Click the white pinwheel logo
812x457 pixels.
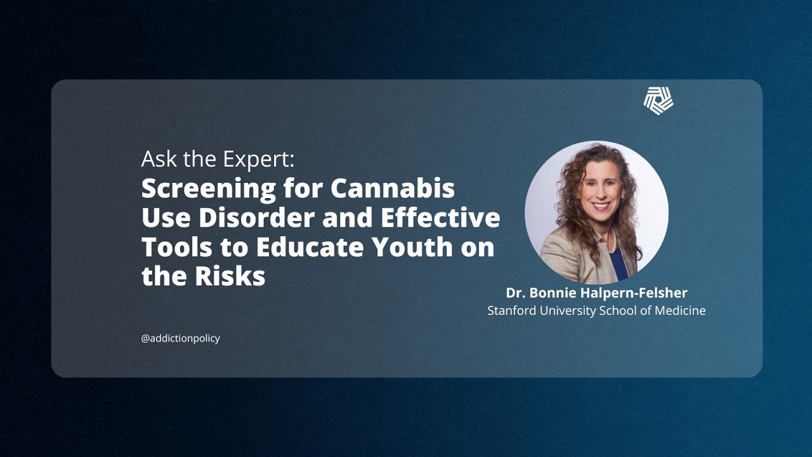click(658, 101)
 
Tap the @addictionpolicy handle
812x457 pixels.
click(180, 338)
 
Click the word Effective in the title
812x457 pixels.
click(440, 218)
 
